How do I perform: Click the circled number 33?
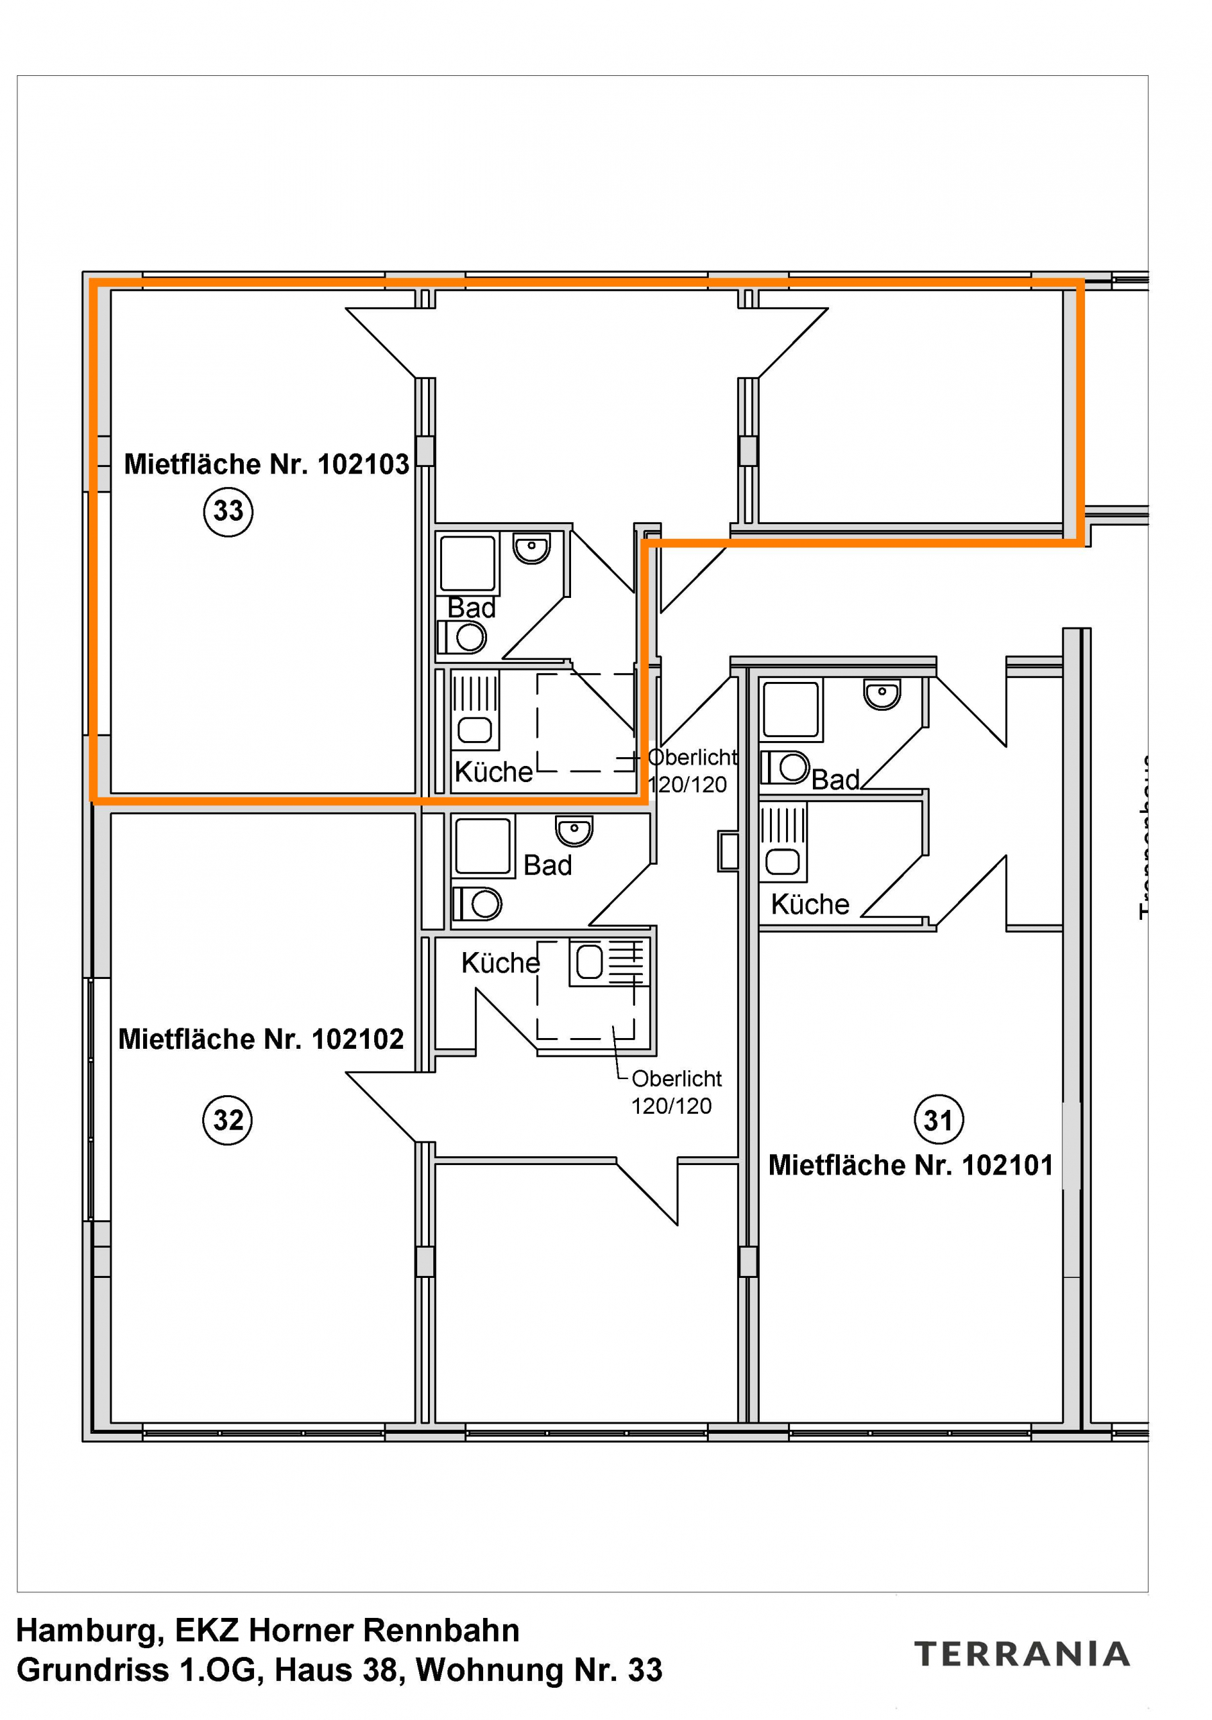228,512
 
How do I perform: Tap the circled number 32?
228,1120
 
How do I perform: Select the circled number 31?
939,1121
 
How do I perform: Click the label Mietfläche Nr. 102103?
267,464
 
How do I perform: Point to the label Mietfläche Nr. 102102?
261,1039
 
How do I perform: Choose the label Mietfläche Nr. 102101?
911,1165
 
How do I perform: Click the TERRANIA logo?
1022,1654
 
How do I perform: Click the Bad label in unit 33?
471,607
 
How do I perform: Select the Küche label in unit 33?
494,771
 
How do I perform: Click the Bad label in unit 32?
548,865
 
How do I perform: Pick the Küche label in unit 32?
501,963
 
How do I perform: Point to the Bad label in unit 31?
835,780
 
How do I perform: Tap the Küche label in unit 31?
810,904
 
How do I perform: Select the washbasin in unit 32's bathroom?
574,830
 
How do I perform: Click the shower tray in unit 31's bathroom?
790,709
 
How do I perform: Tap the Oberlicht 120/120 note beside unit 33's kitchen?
691,771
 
